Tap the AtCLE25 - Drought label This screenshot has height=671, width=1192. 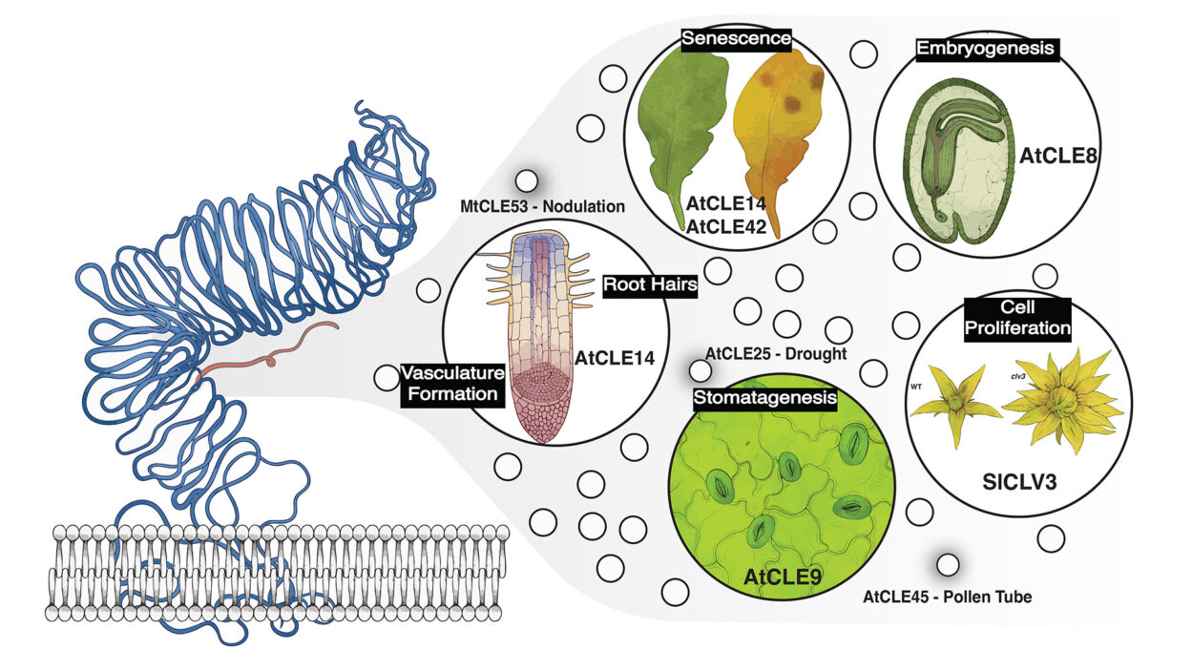click(776, 354)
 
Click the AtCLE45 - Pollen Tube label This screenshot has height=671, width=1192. click(948, 598)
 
